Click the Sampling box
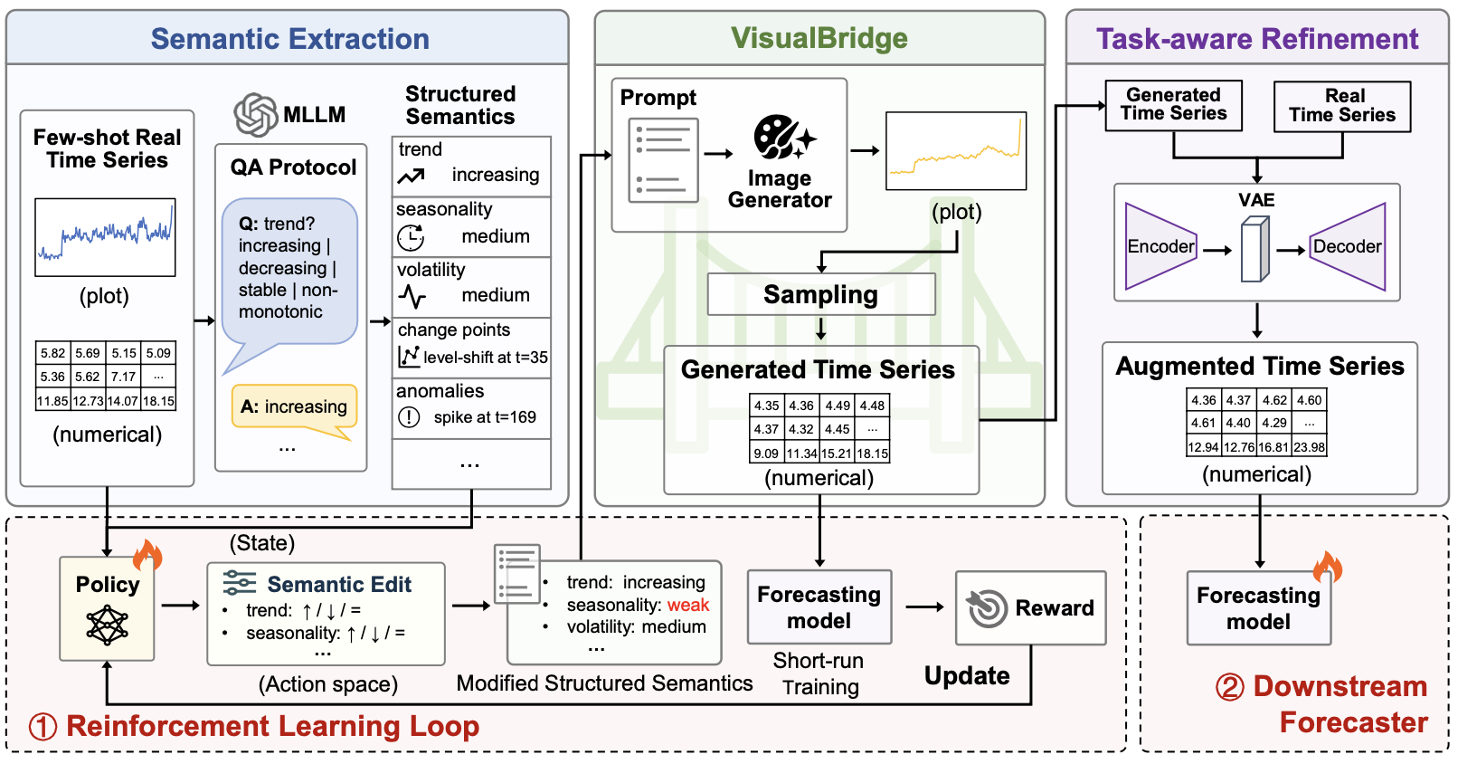click(820, 294)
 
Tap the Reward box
click(1030, 607)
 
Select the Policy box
click(107, 608)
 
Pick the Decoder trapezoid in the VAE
click(1348, 246)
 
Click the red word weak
click(688, 605)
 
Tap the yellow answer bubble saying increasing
click(294, 406)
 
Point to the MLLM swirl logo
click(255, 115)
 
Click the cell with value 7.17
click(123, 377)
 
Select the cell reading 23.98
click(1309, 447)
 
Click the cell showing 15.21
click(837, 453)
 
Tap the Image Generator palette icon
click(784, 137)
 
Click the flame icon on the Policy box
click(147, 555)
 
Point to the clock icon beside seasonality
click(411, 237)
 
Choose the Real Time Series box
click(1342, 106)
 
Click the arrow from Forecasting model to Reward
click(924, 607)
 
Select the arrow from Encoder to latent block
click(1217, 250)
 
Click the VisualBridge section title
click(819, 38)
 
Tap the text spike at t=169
click(485, 416)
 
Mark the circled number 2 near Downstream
click(1229, 687)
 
